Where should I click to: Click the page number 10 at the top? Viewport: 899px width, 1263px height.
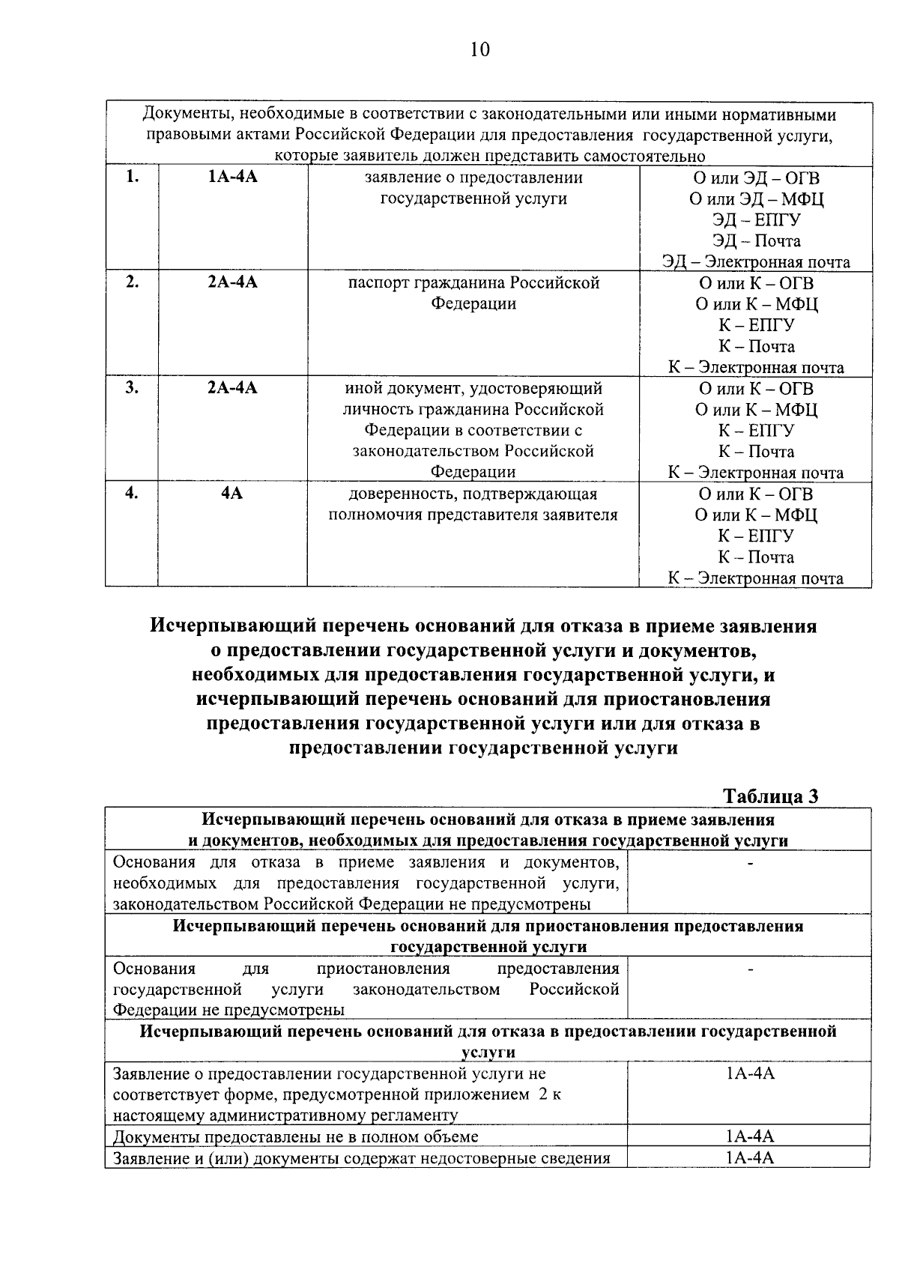pos(480,49)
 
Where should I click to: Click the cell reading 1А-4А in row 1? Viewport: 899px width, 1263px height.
pos(232,178)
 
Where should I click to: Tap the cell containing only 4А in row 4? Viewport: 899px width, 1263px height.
pos(232,494)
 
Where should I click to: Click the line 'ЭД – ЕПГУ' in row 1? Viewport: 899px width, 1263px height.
pos(756,220)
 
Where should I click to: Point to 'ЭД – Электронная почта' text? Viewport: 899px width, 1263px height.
pos(756,262)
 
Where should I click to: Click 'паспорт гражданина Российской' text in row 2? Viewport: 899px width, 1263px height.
pos(473,283)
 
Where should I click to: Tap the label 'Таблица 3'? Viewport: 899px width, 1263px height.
pos(770,796)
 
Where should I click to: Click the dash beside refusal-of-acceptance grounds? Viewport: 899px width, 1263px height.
pos(749,863)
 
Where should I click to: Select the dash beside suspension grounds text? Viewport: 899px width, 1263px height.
pos(749,969)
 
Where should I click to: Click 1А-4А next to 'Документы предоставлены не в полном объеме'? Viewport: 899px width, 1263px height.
pos(749,1136)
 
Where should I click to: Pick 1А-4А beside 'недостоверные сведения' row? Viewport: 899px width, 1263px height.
pos(749,1158)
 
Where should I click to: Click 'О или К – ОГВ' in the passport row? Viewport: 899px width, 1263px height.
pos(756,284)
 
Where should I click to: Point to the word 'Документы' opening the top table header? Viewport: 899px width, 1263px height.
pos(179,115)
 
